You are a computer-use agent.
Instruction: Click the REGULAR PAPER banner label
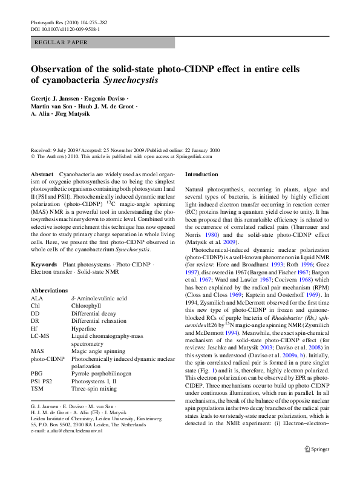(62, 43)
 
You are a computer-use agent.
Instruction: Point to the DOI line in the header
(65, 28)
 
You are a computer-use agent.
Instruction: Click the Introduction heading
(201, 174)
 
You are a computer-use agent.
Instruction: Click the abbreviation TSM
(37, 389)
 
